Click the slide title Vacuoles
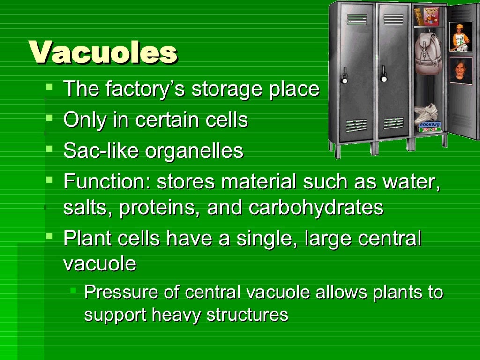coord(103,52)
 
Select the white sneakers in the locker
coord(427,113)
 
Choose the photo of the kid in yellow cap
coord(460,36)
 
